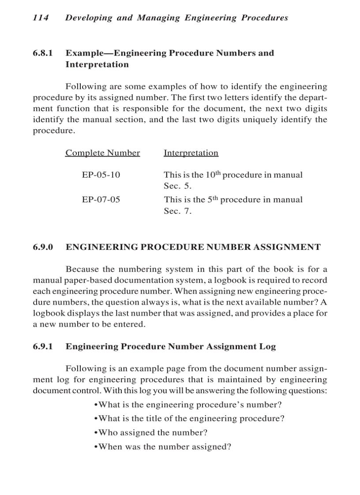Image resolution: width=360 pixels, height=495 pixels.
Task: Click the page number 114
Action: (x=40, y=18)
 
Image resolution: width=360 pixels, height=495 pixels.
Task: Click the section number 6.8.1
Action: (x=43, y=53)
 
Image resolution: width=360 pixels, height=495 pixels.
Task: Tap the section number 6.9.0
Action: (x=43, y=247)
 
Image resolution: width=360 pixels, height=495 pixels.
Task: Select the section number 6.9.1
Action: (x=43, y=346)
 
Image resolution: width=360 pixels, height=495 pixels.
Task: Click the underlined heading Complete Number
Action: (x=102, y=153)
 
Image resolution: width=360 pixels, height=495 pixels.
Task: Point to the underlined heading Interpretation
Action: (x=191, y=153)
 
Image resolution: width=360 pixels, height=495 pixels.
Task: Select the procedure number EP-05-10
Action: (x=101, y=175)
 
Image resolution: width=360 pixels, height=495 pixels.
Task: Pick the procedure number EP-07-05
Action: (x=101, y=200)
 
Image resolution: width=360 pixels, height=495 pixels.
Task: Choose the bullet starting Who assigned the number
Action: (x=151, y=433)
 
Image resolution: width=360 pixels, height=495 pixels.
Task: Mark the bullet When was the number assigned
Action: (x=163, y=447)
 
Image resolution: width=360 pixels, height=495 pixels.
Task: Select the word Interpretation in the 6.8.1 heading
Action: (x=97, y=65)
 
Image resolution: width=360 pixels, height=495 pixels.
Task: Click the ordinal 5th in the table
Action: (x=212, y=199)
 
